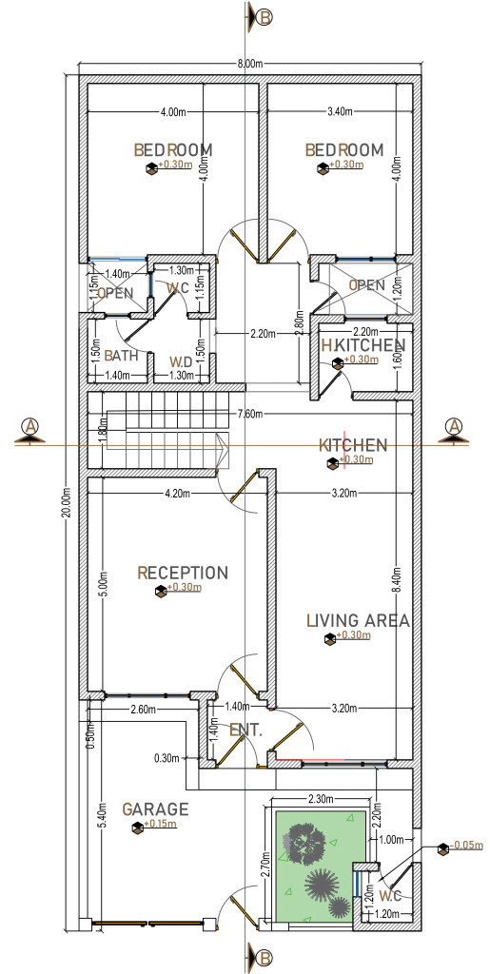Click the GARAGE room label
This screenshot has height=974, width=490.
[x=155, y=809]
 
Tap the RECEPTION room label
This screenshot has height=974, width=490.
[x=183, y=573]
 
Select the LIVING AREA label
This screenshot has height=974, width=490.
[x=358, y=621]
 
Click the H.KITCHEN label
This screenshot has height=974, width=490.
[x=363, y=344]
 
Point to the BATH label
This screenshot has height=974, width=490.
[x=121, y=355]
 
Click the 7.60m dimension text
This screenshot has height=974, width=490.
[x=251, y=414]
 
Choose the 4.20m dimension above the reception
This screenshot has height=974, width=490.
[x=177, y=493]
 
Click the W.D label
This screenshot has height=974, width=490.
[x=181, y=361]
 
